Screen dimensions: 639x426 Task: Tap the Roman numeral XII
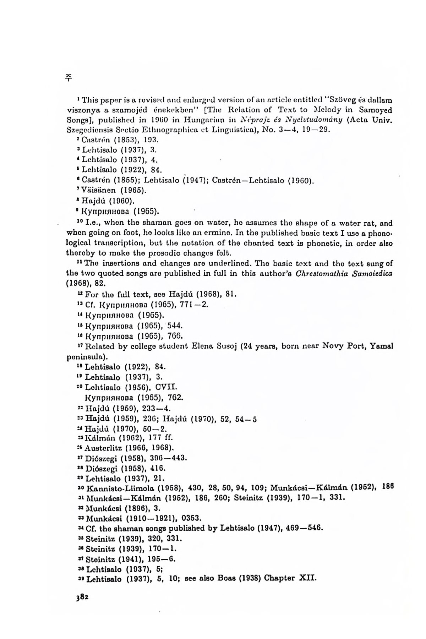tap(308, 579)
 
